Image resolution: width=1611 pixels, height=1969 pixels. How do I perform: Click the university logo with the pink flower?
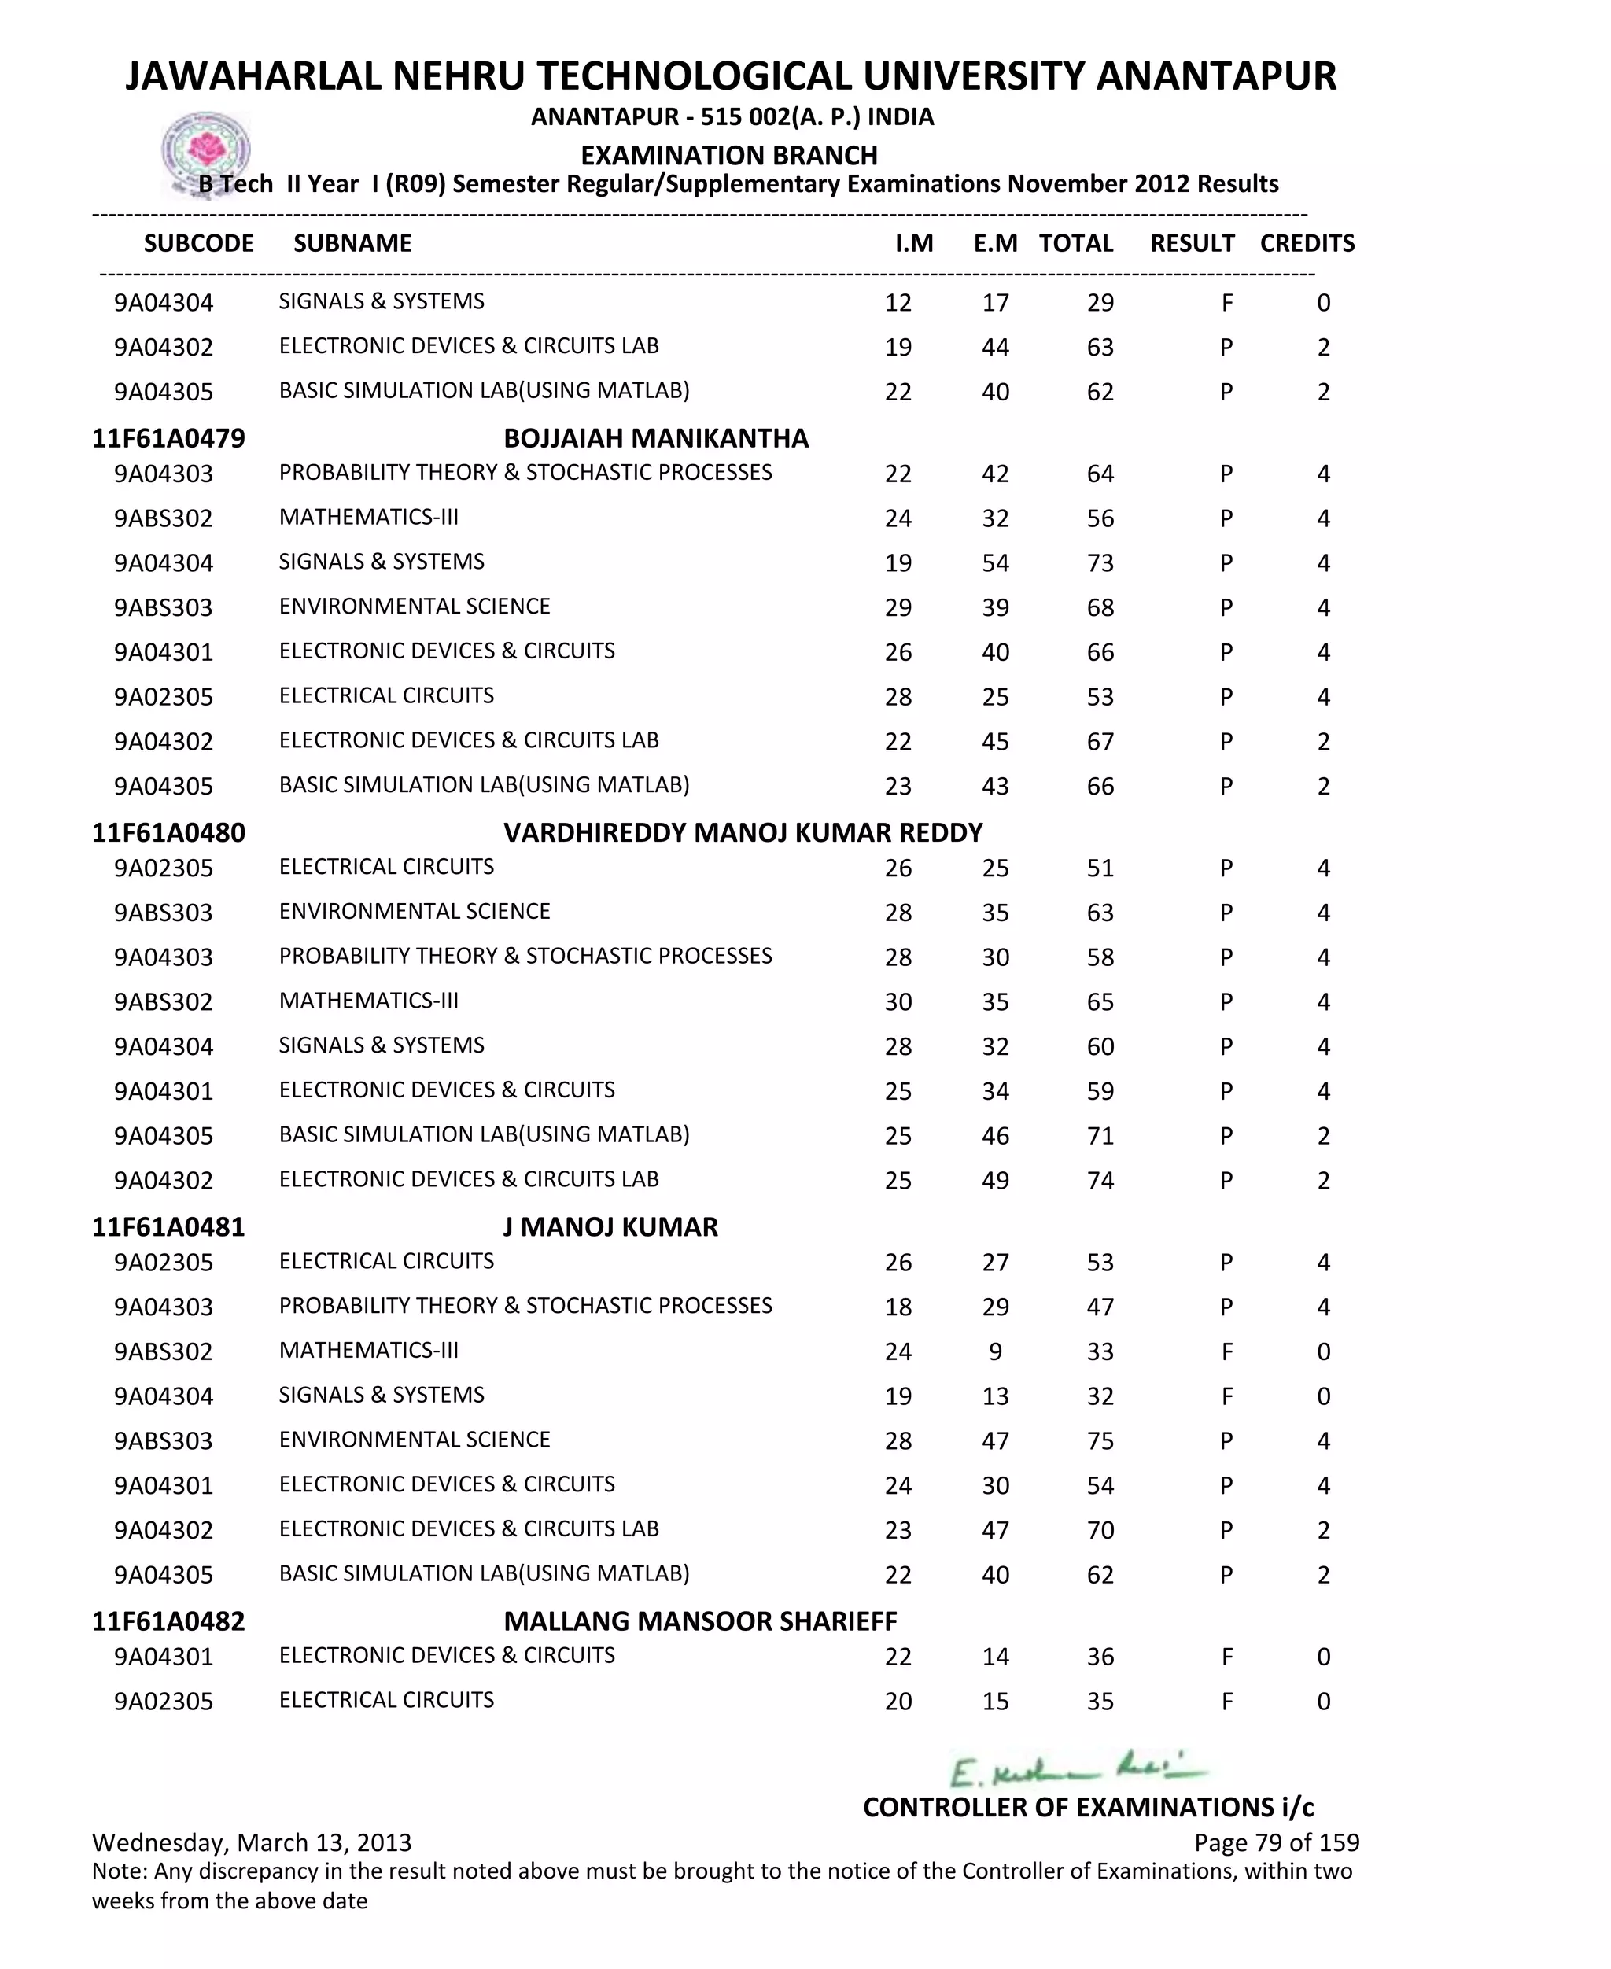(x=205, y=150)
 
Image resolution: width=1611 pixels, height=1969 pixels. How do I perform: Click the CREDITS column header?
(x=1307, y=243)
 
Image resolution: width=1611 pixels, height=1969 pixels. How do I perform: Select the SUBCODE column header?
(x=198, y=243)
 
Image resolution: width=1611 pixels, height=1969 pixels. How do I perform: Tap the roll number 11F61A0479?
(x=168, y=438)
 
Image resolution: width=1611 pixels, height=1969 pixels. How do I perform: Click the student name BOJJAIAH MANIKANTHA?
(x=655, y=438)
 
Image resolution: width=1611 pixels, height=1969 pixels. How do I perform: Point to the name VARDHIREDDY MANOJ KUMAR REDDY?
(x=743, y=832)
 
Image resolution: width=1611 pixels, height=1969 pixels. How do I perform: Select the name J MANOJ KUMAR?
(x=610, y=1226)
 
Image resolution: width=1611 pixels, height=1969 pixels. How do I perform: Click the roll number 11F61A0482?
(x=168, y=1621)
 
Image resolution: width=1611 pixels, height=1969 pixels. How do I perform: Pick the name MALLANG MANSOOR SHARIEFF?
(x=700, y=1621)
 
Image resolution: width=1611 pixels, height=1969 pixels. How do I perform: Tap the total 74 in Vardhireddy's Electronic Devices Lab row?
(x=1100, y=1180)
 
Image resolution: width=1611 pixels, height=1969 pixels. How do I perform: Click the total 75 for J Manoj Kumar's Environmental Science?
(x=1100, y=1441)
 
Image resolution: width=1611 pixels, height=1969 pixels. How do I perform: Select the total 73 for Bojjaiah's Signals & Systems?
(x=1100, y=563)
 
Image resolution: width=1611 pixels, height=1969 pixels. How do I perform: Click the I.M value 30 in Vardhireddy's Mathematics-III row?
(x=898, y=1002)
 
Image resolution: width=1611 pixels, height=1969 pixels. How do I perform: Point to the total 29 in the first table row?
(x=1100, y=303)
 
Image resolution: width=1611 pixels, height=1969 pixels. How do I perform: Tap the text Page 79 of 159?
(x=1276, y=1842)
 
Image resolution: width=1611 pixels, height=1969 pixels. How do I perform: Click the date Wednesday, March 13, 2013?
(x=252, y=1842)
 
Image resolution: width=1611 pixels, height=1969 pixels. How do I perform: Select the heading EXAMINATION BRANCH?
(x=728, y=155)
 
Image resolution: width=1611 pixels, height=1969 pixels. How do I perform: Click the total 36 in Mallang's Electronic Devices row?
(x=1100, y=1656)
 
